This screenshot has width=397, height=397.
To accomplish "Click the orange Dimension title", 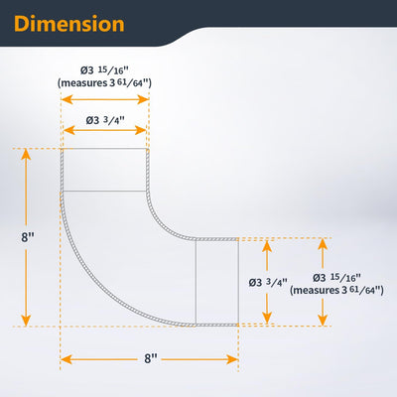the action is coord(69,24).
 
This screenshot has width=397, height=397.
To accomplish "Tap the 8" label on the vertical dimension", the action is coord(28,237).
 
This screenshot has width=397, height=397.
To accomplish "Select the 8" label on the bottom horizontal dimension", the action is coord(151,358).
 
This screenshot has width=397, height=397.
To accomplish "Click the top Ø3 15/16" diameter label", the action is coord(104,70).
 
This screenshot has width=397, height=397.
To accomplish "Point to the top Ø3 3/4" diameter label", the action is coord(105,120).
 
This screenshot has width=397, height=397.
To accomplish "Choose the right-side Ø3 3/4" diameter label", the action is coord(268,282).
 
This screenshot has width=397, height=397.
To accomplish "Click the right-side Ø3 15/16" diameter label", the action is coord(336,277).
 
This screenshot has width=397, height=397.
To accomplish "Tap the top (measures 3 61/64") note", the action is coord(104,82).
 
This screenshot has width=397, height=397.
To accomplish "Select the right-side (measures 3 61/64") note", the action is coord(336,290).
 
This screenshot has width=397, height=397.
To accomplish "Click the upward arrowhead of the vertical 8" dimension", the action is coord(26,154).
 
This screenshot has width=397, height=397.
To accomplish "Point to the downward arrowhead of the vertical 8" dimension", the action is coord(26,321).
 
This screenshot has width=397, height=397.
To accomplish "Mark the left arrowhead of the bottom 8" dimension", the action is coord(66,359).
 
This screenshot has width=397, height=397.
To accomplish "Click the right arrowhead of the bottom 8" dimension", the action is coord(232,359).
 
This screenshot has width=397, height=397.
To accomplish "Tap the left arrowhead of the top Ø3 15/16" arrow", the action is coord(67,99).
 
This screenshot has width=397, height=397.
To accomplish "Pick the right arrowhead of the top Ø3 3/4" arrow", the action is coord(141,130).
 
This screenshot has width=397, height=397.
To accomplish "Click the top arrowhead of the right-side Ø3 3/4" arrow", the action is coord(267,246).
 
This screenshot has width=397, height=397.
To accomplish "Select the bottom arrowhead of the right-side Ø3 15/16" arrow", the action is coord(323,320).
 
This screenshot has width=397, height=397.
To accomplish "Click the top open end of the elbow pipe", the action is coord(105,149).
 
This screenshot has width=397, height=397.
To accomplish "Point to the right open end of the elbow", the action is coord(238,282).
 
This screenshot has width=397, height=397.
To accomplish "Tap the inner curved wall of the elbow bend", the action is coord(162,225).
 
